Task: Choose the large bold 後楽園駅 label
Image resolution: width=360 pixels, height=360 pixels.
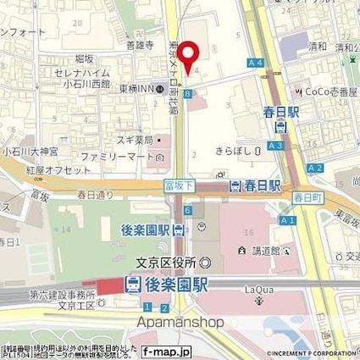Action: point(166,286)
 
